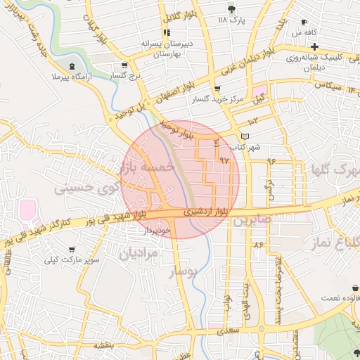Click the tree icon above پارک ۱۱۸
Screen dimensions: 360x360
click(232, 8)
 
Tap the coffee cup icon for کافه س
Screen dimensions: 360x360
click(304, 22)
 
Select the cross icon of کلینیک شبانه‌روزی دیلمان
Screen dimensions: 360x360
click(315, 46)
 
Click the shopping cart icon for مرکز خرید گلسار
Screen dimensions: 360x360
click(217, 89)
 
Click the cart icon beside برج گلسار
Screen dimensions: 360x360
click(124, 65)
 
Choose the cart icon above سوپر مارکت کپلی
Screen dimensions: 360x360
click(71, 250)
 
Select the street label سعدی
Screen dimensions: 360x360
click(225, 328)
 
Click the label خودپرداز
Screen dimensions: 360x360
click(157, 230)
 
